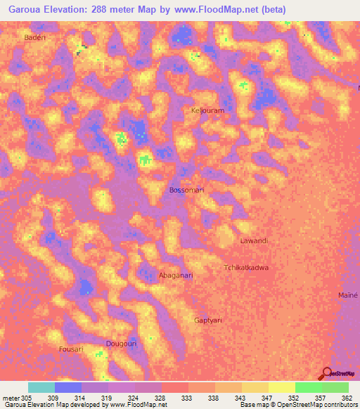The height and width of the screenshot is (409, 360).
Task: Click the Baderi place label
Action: [x=34, y=37]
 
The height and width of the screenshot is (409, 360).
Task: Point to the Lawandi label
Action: [x=255, y=241]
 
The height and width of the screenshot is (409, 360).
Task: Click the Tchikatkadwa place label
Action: [x=246, y=268]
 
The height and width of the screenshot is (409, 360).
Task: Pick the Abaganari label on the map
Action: [x=176, y=275]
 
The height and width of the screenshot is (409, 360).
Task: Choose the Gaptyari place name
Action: [x=208, y=320]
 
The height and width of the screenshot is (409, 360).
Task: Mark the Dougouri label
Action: [x=120, y=343]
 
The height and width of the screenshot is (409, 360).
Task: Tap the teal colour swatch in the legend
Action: [x=41, y=387]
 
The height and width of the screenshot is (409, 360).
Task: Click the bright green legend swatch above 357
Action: [x=309, y=387]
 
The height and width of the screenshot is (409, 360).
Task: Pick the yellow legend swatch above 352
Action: [x=282, y=387]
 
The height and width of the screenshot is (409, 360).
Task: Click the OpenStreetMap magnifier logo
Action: [x=326, y=374]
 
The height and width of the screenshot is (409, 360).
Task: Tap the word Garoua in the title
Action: [x=27, y=11]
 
